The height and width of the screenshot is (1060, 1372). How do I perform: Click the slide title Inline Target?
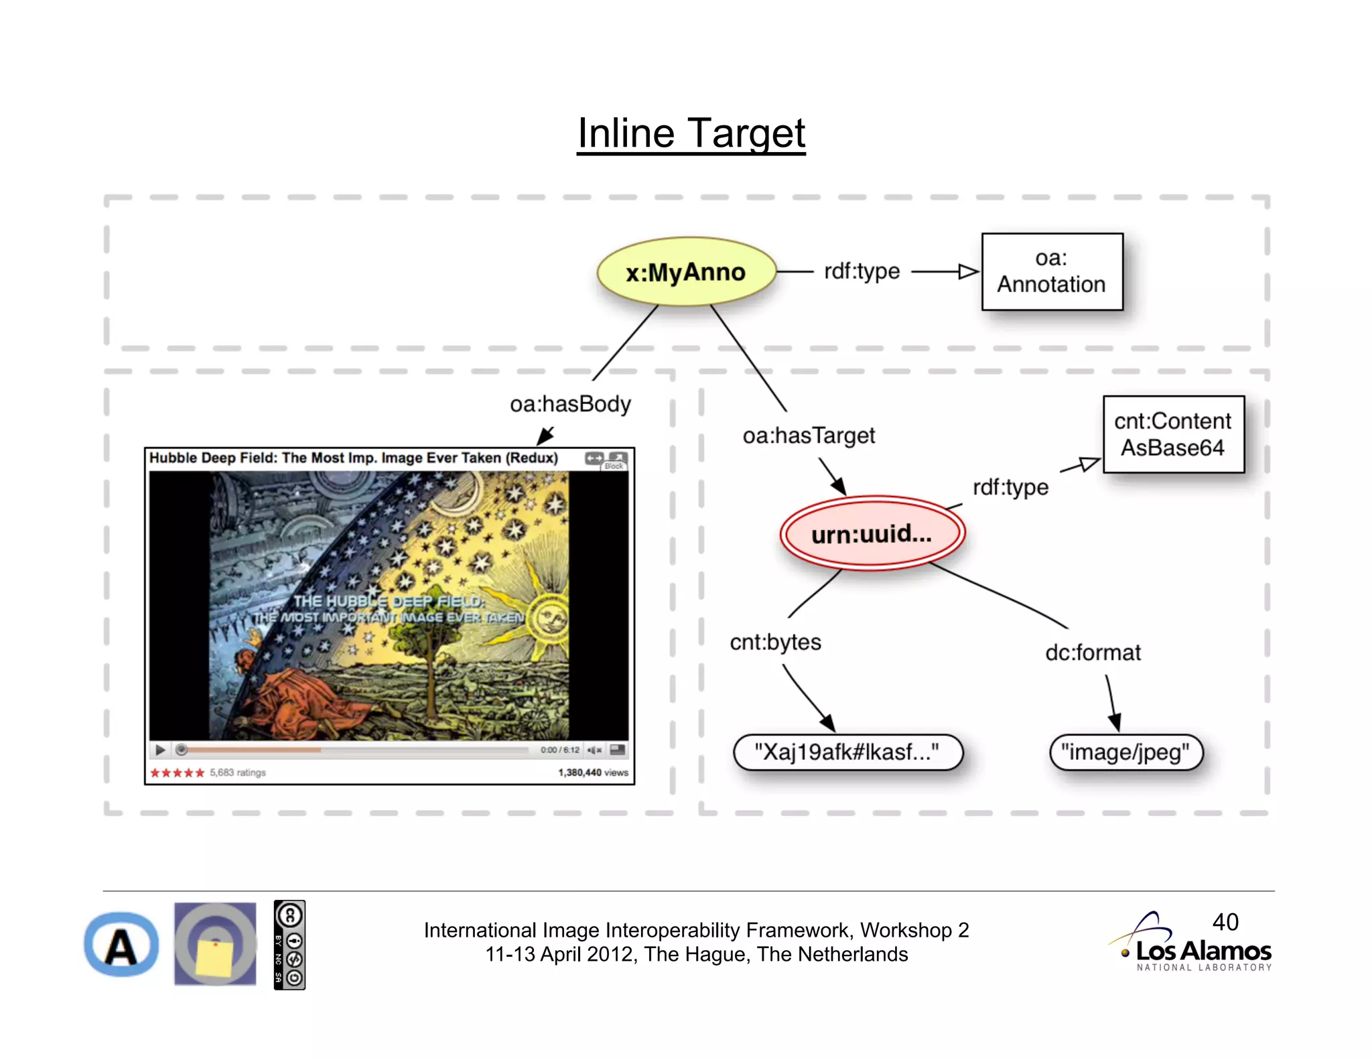[x=691, y=133]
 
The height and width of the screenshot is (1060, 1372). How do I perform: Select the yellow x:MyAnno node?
[x=686, y=272]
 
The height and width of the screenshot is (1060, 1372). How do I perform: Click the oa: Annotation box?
[x=1052, y=272]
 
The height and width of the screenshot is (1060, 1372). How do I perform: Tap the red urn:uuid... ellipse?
[x=872, y=534]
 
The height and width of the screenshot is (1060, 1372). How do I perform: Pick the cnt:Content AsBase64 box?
[x=1173, y=434]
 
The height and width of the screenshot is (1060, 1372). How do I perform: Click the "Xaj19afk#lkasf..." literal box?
[x=847, y=752]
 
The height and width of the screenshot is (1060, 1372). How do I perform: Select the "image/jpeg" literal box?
[x=1125, y=752]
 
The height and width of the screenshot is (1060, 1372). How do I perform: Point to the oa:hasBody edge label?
[x=570, y=404]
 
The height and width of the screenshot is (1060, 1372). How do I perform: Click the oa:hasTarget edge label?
[x=809, y=436]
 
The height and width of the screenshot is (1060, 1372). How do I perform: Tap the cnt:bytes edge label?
[x=775, y=642]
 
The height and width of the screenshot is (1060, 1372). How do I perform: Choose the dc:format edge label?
[x=1093, y=653]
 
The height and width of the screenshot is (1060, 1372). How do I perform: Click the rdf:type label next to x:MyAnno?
[x=862, y=271]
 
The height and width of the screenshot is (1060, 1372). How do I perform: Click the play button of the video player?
[x=160, y=750]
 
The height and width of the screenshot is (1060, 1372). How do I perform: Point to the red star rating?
[x=177, y=773]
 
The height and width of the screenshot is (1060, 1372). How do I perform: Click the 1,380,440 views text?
[x=593, y=773]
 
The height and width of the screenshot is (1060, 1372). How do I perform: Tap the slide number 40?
[x=1225, y=922]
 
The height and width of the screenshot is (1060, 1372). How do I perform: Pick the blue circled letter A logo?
[x=121, y=945]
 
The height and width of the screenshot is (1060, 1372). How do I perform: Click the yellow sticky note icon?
[x=214, y=958]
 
